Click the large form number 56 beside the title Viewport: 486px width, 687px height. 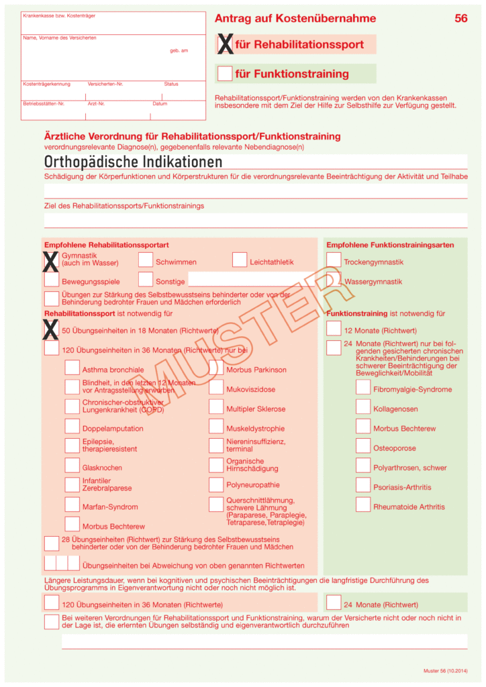[460, 19]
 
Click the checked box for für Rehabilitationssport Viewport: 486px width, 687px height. [226, 45]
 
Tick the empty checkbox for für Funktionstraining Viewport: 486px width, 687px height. [225, 73]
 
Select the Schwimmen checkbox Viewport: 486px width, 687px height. [146, 260]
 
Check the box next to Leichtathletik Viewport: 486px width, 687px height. [240, 260]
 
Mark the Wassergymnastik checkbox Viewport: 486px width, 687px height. [334, 280]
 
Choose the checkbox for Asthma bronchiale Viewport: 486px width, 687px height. [72, 368]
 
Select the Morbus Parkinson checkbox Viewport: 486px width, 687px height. [215, 368]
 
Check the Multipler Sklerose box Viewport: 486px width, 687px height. [215, 407]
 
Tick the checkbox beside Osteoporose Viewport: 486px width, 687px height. [363, 445]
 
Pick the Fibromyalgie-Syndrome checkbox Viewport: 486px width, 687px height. [363, 387]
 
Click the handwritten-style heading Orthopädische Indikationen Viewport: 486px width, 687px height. [133, 162]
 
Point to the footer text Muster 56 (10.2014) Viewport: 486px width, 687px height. [445, 671]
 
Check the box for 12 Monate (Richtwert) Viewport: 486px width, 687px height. [334, 329]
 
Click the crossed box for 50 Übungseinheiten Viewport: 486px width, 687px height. [51, 329]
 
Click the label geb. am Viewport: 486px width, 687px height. [179, 51]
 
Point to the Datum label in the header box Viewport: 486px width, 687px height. [160, 104]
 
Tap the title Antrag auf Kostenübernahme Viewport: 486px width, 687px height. [295, 19]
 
